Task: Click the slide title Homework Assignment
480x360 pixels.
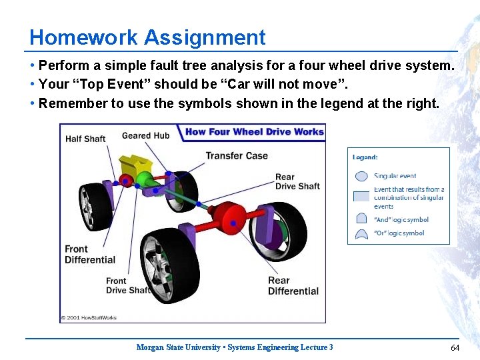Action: click(147, 37)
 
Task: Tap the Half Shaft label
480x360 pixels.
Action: click(85, 139)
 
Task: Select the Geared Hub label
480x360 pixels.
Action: click(145, 135)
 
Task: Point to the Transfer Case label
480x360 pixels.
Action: click(236, 156)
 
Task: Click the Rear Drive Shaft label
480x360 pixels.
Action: click(297, 181)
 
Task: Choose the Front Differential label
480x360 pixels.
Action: click(90, 254)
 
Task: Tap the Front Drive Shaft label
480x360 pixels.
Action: click(128, 285)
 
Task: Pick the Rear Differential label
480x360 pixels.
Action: click(293, 285)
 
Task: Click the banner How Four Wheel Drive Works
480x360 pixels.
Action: click(254, 131)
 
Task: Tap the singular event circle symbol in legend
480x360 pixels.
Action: click(361, 177)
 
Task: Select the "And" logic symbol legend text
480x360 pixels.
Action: click(401, 219)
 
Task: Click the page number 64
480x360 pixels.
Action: click(455, 347)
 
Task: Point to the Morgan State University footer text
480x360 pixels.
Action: click(234, 347)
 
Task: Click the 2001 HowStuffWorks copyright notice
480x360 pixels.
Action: click(89, 317)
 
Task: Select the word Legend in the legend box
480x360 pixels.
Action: click(365, 157)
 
